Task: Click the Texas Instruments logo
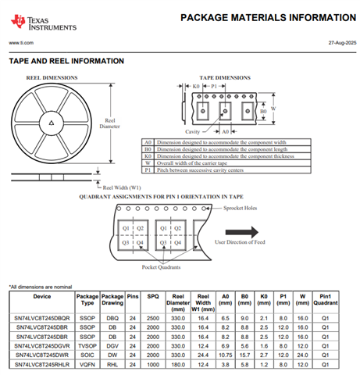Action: [x=44, y=23]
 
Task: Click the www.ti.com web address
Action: [x=21, y=43]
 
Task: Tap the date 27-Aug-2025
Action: [x=342, y=43]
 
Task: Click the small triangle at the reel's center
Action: [x=52, y=123]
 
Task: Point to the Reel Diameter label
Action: [x=109, y=123]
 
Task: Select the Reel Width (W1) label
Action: [x=122, y=187]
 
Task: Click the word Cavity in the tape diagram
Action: [x=192, y=132]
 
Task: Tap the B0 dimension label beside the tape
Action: [x=263, y=111]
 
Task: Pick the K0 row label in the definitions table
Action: [x=148, y=156]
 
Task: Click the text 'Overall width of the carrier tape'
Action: [x=192, y=163]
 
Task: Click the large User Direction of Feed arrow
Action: [x=242, y=232]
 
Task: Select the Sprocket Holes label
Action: [x=240, y=208]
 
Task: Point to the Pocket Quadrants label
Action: [x=161, y=267]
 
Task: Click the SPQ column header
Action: [x=153, y=296]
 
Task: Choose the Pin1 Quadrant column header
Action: [x=326, y=299]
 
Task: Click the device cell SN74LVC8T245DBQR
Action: [x=42, y=318]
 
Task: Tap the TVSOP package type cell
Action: [x=87, y=346]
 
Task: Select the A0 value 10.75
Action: [x=226, y=355]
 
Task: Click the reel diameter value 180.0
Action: [x=178, y=365]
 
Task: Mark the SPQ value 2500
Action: [x=153, y=318]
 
